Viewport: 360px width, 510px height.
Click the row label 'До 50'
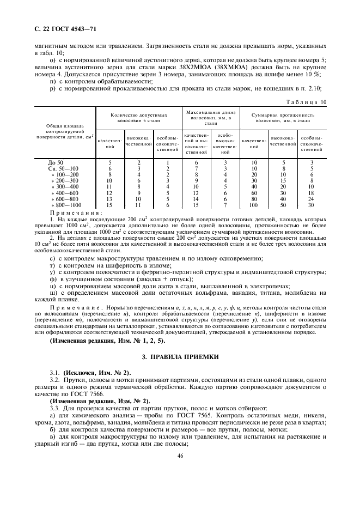(56, 162)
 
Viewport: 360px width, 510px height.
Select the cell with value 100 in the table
(253, 204)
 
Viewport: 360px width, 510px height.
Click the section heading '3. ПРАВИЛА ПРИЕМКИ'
(179, 356)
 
